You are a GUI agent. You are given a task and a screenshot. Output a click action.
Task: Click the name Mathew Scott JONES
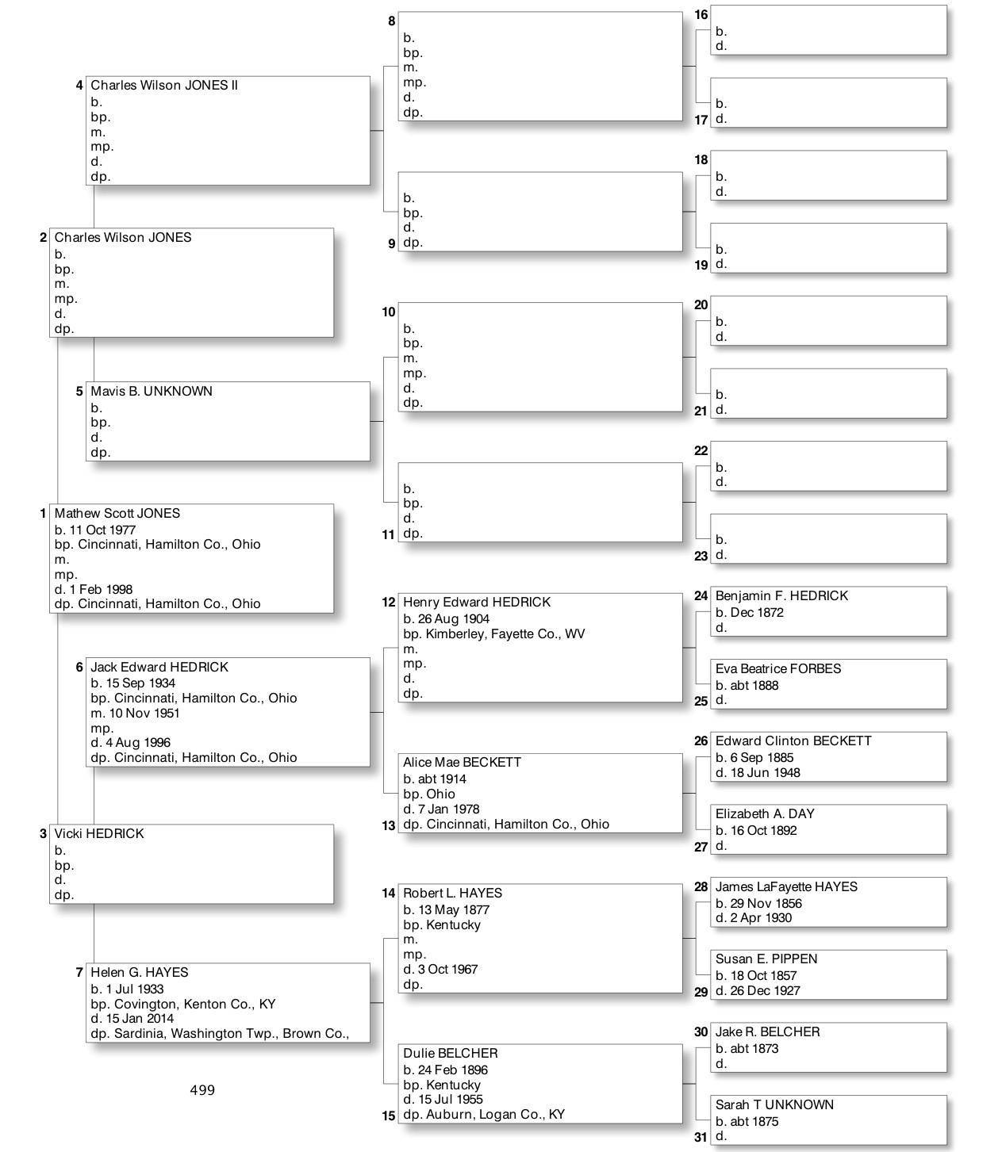pyautogui.click(x=117, y=514)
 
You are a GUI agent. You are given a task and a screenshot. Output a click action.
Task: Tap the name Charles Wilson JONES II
pyautogui.click(x=164, y=86)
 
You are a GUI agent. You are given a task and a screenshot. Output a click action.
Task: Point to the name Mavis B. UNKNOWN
pyautogui.click(x=151, y=392)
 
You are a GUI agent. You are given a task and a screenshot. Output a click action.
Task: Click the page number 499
pyautogui.click(x=202, y=1090)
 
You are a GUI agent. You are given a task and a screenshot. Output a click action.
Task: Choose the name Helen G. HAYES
pyautogui.click(x=139, y=973)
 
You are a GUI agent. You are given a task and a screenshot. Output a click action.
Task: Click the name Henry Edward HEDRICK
pyautogui.click(x=476, y=603)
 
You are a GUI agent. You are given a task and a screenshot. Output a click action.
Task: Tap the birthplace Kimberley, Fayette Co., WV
pyautogui.click(x=505, y=634)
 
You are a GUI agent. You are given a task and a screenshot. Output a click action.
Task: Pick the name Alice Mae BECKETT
pyautogui.click(x=462, y=763)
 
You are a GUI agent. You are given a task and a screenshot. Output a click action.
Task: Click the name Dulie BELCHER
pyautogui.click(x=450, y=1054)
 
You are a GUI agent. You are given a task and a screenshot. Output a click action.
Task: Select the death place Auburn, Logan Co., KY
pyautogui.click(x=495, y=1115)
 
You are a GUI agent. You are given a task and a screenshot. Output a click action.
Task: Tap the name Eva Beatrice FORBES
pyautogui.click(x=777, y=669)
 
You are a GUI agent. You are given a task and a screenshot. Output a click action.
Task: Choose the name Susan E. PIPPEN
pyautogui.click(x=766, y=959)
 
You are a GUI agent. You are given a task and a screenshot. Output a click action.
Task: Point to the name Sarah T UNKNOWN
pyautogui.click(x=774, y=1105)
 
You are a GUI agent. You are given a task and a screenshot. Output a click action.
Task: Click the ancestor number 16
pyautogui.click(x=701, y=15)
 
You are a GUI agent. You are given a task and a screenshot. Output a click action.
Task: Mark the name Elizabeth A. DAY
pyautogui.click(x=764, y=814)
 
